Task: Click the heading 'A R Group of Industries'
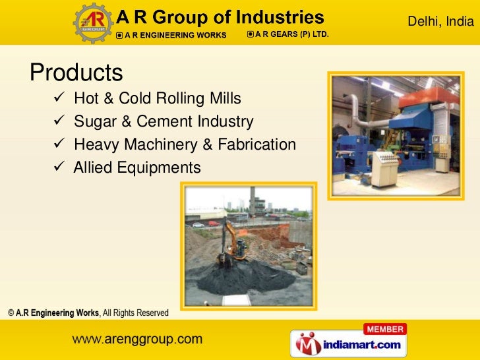coord(220,17)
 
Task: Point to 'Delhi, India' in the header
coord(440,22)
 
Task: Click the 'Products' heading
coord(76,72)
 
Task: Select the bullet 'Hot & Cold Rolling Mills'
coord(158,99)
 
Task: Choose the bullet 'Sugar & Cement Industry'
coord(164,122)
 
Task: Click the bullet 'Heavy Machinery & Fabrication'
coord(185,144)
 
